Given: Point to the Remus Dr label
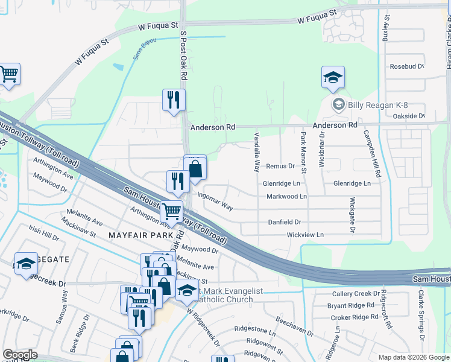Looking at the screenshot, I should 280,166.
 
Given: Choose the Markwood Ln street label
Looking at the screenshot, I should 287,196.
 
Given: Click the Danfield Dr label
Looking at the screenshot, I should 285,222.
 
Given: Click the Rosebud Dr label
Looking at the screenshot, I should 407,66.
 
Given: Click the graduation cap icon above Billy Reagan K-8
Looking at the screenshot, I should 333,78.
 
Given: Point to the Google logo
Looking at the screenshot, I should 20,355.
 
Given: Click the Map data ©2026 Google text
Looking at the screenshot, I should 413,357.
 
